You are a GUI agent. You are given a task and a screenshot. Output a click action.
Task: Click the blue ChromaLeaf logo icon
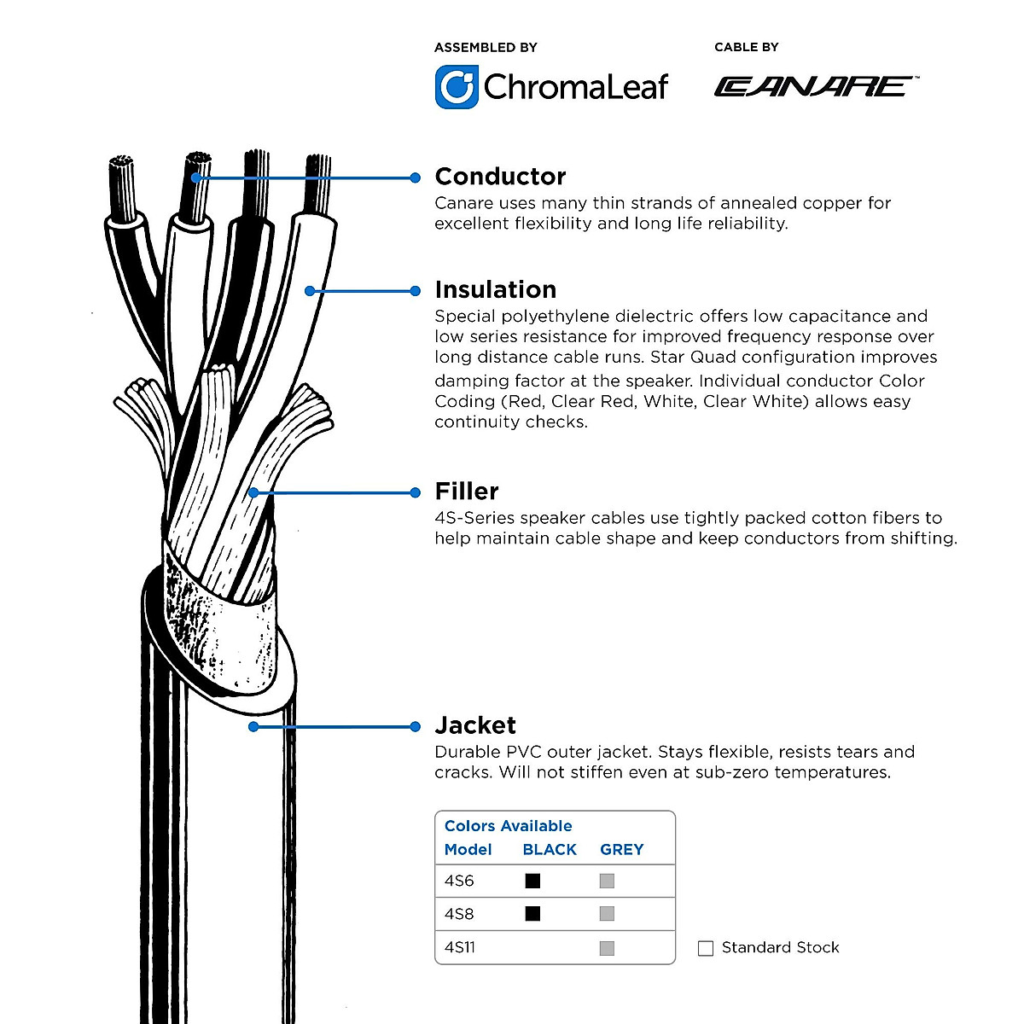click(x=457, y=87)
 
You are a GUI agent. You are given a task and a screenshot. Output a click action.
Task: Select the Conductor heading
click(x=500, y=177)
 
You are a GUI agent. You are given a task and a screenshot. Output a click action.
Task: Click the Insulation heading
click(x=495, y=289)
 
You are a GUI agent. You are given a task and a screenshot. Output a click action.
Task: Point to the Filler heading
click(x=467, y=491)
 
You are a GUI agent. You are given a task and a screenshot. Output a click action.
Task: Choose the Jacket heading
click(x=475, y=725)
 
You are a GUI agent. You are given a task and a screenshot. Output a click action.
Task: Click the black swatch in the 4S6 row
click(x=533, y=881)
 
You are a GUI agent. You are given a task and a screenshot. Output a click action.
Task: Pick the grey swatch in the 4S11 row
click(x=607, y=948)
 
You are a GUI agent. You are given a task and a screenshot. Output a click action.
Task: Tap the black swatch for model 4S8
click(x=533, y=914)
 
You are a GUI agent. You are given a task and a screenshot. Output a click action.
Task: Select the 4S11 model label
click(x=460, y=947)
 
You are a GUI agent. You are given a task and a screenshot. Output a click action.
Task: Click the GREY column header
click(x=621, y=849)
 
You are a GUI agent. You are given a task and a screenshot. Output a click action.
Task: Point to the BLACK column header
click(x=550, y=849)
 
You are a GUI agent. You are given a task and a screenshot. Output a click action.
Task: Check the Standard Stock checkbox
click(x=706, y=948)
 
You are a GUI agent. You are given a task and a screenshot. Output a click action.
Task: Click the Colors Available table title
click(x=508, y=825)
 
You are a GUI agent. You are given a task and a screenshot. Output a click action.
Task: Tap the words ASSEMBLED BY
click(x=486, y=47)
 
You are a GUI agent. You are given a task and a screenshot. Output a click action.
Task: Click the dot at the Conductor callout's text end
click(x=416, y=177)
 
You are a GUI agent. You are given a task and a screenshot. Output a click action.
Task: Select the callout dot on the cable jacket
click(x=253, y=727)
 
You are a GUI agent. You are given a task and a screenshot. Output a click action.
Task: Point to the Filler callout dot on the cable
click(x=253, y=492)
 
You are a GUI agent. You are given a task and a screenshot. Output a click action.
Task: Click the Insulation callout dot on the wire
click(x=310, y=291)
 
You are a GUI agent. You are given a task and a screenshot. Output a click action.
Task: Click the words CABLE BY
click(x=746, y=47)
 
